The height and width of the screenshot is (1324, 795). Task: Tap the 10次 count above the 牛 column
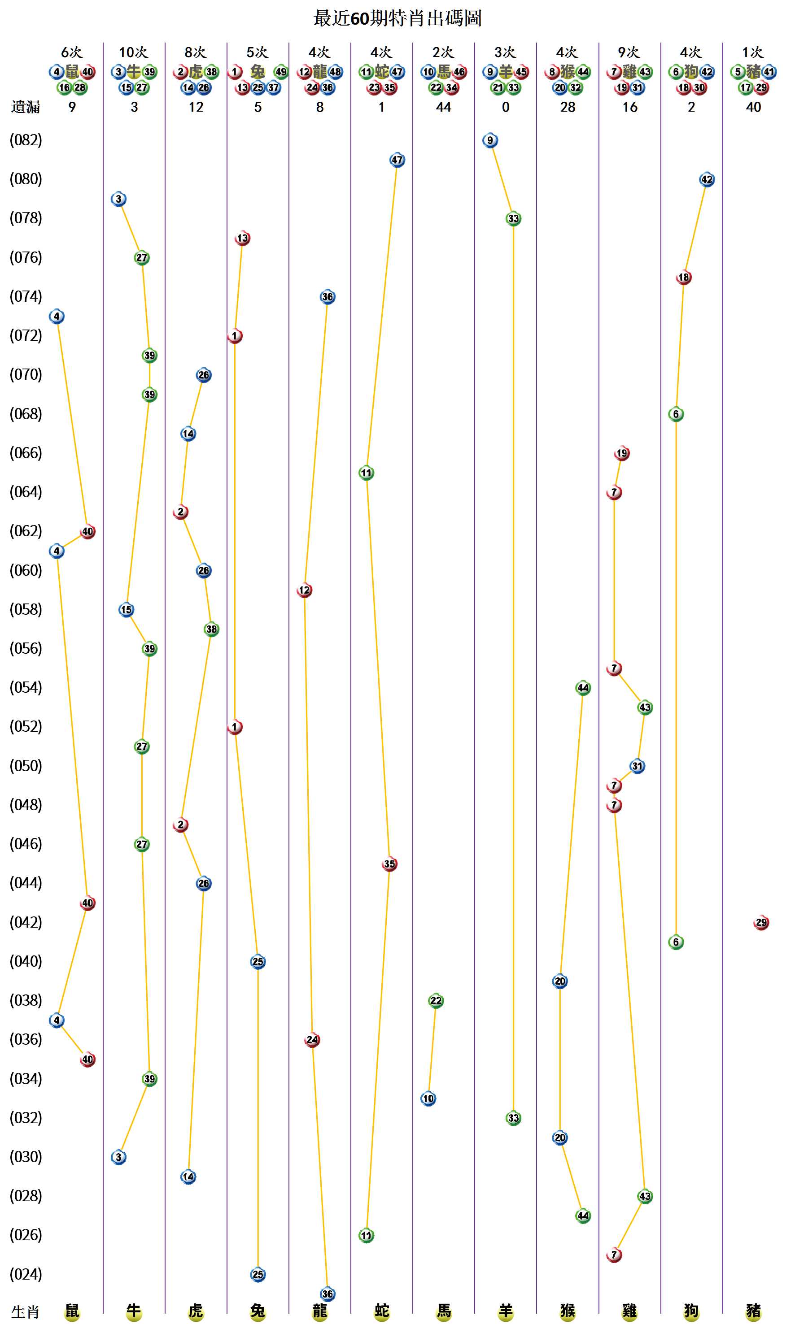[x=133, y=52]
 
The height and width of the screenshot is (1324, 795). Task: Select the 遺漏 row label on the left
[x=25, y=107]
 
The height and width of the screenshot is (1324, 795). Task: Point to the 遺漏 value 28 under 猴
[x=568, y=107]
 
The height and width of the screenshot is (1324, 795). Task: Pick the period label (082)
[x=26, y=140]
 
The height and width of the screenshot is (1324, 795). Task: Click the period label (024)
[x=26, y=1274]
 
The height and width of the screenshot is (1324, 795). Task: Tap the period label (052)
[x=26, y=726]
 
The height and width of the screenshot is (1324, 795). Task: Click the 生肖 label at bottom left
[x=25, y=1312]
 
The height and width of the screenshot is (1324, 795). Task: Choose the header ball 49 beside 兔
[x=281, y=72]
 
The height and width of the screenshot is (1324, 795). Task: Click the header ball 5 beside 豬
[x=738, y=72]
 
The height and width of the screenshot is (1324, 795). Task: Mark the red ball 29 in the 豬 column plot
[x=761, y=922]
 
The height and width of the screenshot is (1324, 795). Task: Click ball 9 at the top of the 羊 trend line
[x=489, y=140]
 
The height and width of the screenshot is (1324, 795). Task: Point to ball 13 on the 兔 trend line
[x=242, y=238]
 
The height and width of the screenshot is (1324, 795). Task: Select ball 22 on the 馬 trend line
[x=436, y=1001]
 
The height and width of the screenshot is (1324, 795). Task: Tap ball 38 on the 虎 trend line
[x=211, y=629]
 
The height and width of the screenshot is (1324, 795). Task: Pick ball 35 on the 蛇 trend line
[x=389, y=864]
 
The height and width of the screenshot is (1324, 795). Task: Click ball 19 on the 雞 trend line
[x=621, y=453]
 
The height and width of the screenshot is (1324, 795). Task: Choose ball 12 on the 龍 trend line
[x=304, y=590]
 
